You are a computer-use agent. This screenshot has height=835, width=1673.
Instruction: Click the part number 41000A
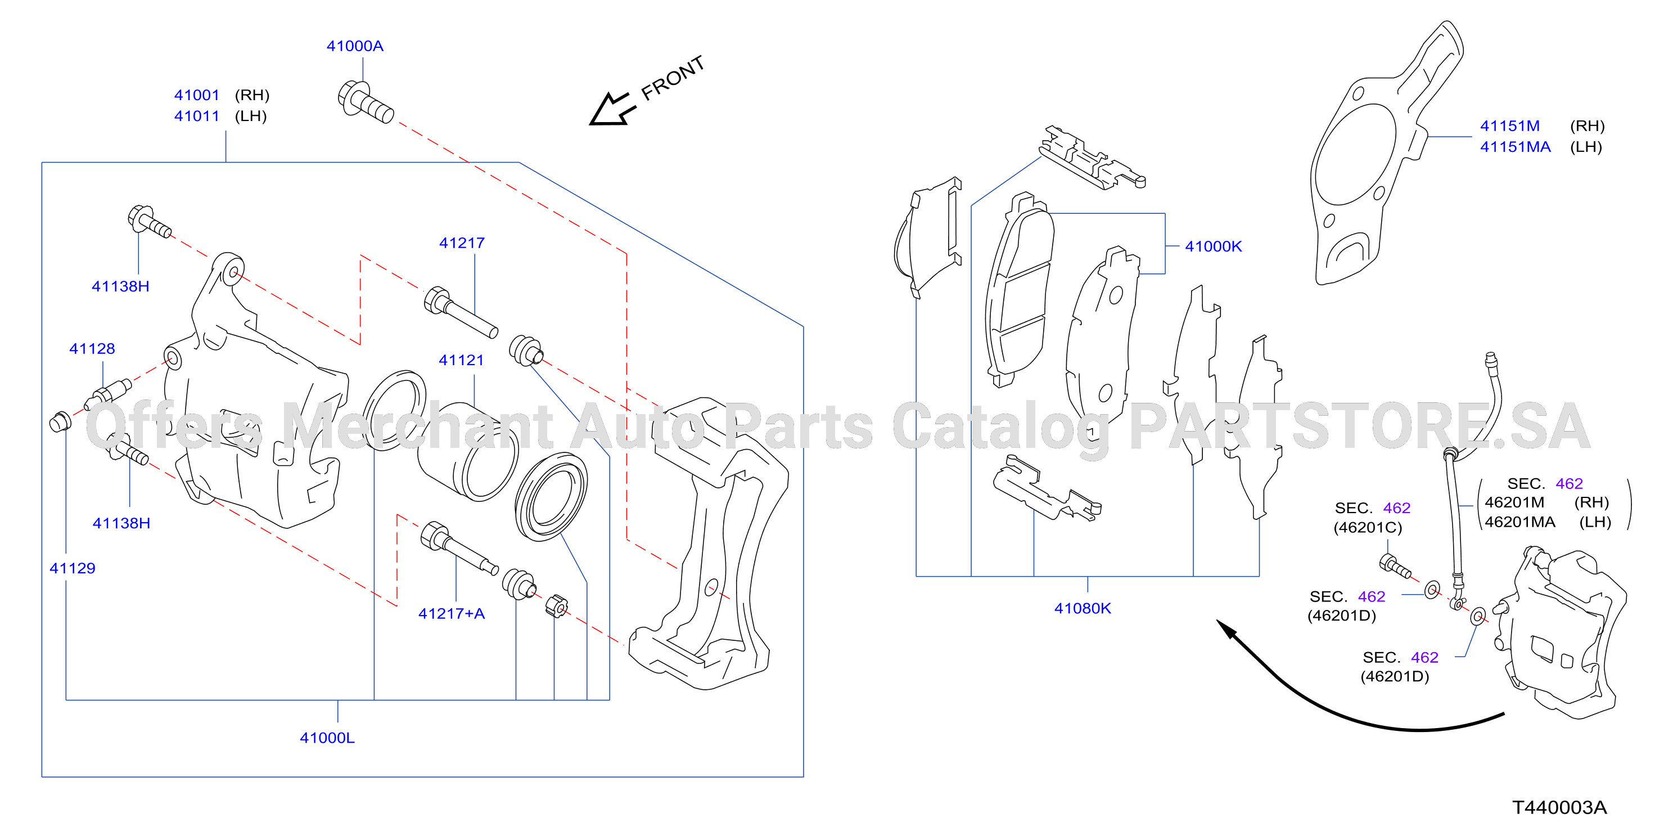coord(355,46)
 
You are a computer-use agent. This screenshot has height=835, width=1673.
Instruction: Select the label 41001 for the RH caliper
coord(197,95)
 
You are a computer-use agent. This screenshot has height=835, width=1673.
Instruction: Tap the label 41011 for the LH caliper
coord(197,116)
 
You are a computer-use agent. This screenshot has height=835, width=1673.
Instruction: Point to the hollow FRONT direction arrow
coord(611,109)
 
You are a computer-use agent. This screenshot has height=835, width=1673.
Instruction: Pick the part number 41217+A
coord(452,613)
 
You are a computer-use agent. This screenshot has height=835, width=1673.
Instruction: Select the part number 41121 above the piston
coord(461,360)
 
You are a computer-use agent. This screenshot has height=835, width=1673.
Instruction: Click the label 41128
coord(92,348)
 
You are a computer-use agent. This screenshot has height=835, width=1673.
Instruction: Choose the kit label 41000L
coord(327,738)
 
